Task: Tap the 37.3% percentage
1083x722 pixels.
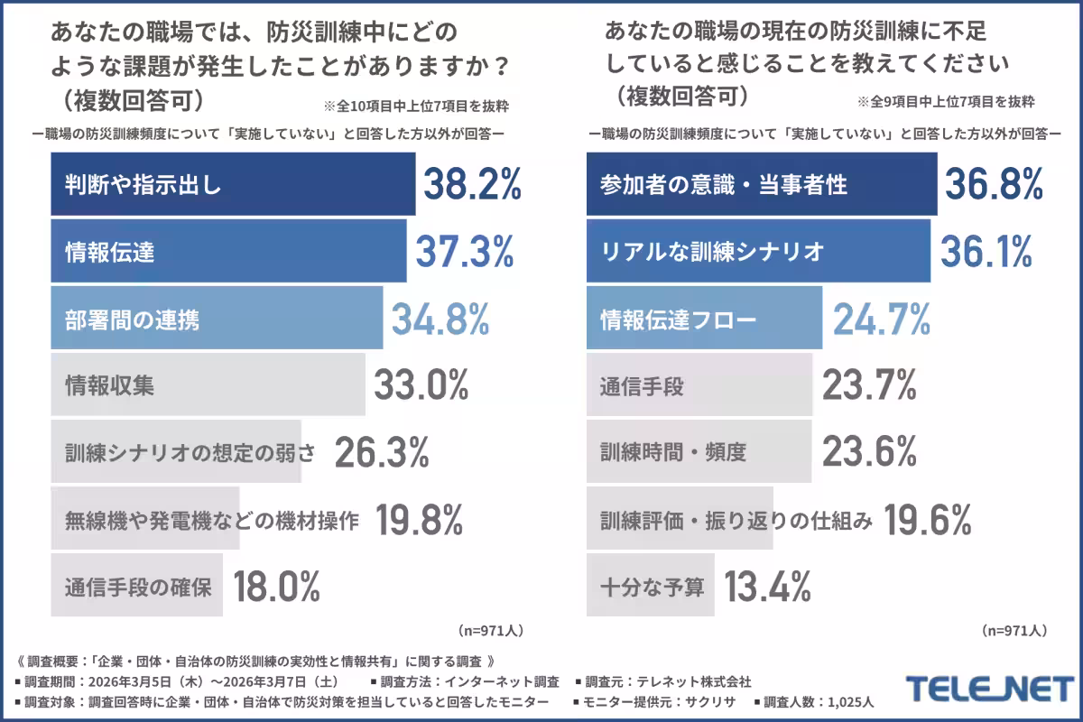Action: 464,252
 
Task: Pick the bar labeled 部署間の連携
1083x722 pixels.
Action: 217,319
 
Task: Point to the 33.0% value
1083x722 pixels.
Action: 421,385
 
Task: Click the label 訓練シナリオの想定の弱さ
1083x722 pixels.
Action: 190,453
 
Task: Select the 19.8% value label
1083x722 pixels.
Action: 419,520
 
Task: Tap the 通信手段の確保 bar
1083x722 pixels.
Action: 137,588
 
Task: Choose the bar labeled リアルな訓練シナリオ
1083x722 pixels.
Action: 758,252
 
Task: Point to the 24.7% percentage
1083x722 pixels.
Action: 881,319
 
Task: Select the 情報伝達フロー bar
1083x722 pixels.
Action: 704,319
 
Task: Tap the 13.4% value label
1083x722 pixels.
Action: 768,588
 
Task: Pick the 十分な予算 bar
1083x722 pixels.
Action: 651,588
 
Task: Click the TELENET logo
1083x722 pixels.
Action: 990,690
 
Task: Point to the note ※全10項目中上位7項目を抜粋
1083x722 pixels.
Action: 415,106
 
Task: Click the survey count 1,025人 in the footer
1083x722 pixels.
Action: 851,702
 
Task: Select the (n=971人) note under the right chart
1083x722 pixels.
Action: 1014,630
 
